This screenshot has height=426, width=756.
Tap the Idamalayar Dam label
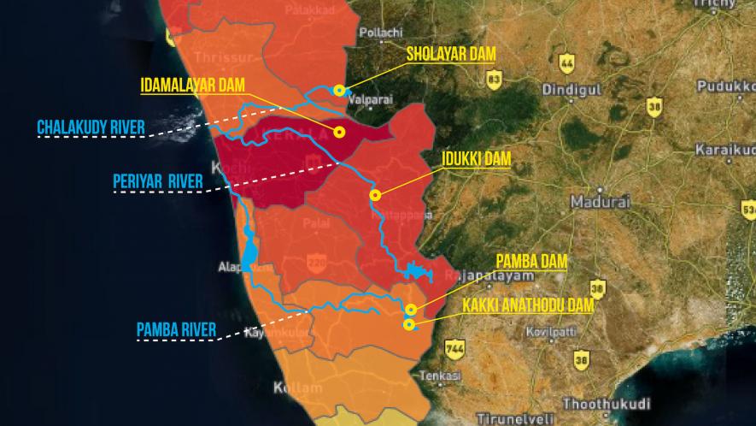[193, 85]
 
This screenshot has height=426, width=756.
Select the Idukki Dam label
[477, 159]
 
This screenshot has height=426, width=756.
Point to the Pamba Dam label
[531, 262]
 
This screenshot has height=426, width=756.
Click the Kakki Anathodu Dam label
[527, 304]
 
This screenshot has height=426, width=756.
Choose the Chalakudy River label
[91, 128]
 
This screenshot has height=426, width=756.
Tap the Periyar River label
[158, 181]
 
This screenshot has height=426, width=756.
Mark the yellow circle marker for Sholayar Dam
[339, 90]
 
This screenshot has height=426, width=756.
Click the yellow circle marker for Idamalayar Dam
[339, 132]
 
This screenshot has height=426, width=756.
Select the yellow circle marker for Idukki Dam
[374, 195]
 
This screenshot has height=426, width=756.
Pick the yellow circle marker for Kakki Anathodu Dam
[409, 324]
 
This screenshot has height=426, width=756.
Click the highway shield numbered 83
[493, 80]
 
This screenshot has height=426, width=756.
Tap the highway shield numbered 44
[566, 62]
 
